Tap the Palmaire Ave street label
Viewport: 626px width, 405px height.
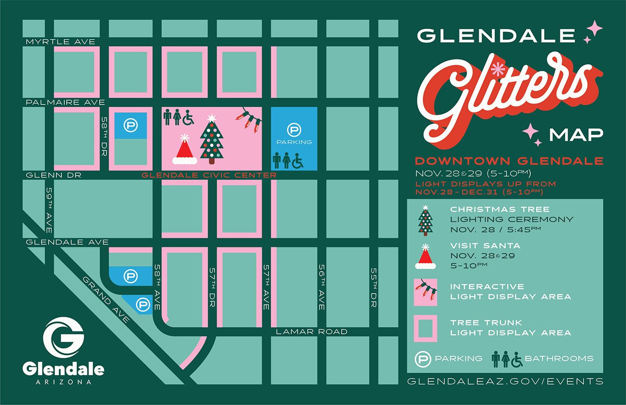(x=65, y=102)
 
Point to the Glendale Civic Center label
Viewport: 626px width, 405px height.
(x=209, y=175)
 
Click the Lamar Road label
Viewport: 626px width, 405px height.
(x=311, y=332)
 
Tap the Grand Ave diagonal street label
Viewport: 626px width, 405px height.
(x=106, y=299)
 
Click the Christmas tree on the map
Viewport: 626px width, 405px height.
(x=212, y=139)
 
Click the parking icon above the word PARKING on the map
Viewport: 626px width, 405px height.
(x=293, y=131)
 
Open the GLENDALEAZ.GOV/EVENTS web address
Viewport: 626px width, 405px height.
(x=505, y=381)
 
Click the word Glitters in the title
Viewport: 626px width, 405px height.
(x=506, y=98)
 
